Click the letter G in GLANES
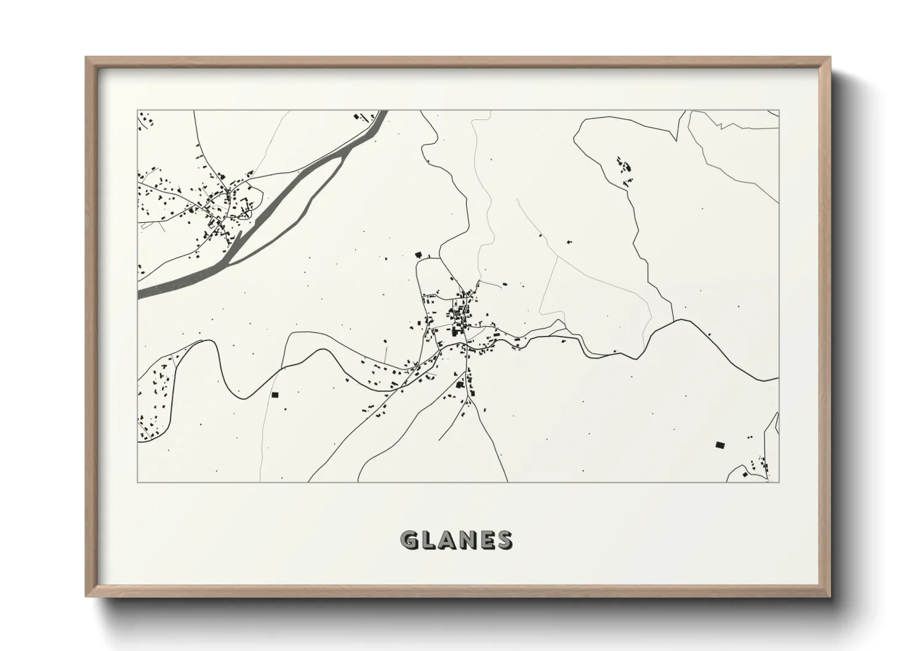[x=409, y=540]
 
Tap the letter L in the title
[x=430, y=540]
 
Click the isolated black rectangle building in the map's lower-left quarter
[x=275, y=394]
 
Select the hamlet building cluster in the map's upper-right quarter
[x=624, y=168]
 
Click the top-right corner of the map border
[x=779, y=111]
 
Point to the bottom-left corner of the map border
[x=138, y=482]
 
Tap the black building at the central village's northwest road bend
[x=419, y=254]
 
